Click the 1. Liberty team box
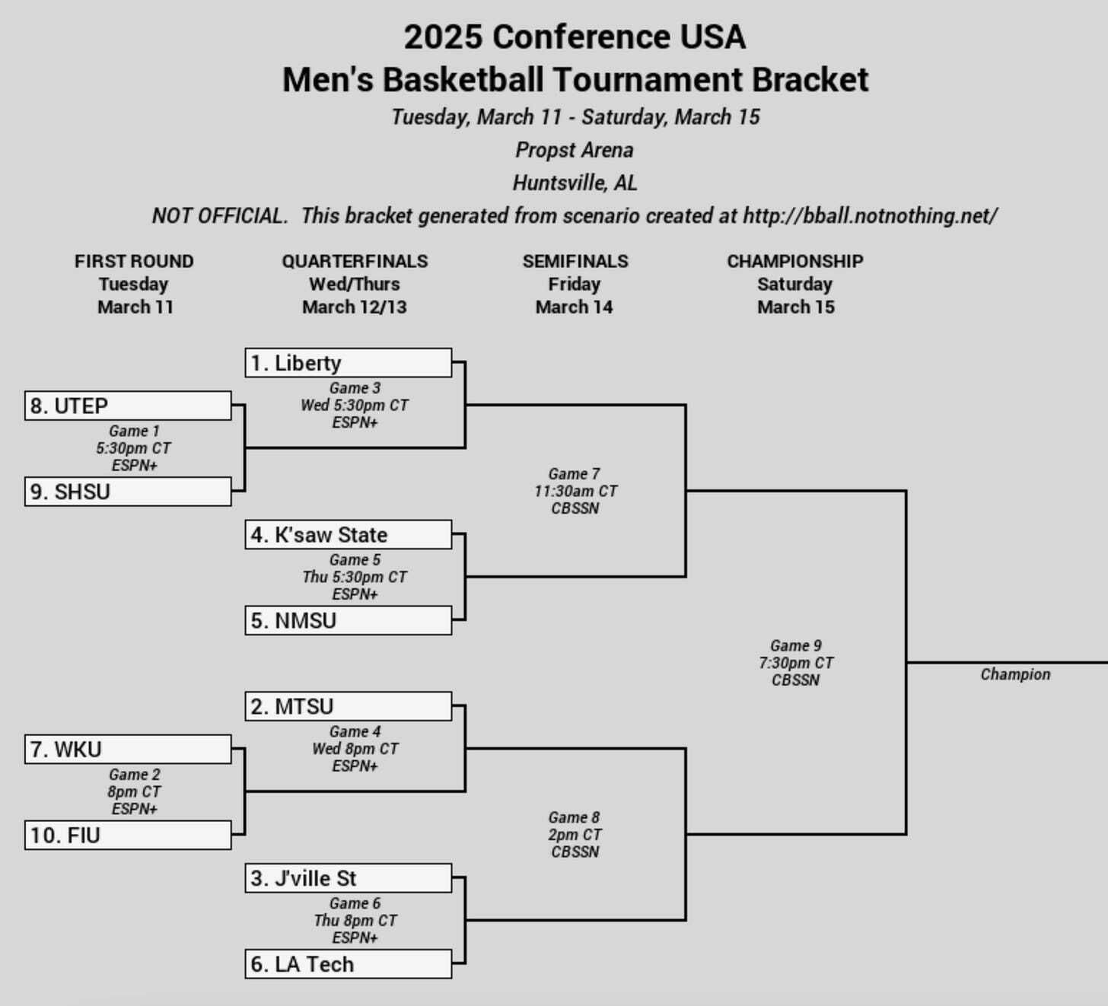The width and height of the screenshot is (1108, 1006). (348, 363)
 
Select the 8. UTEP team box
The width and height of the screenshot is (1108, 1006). (128, 406)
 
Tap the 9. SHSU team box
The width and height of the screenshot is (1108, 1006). (128, 492)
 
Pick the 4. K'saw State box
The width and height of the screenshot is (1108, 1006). (348, 535)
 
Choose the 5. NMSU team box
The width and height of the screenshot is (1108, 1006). (348, 620)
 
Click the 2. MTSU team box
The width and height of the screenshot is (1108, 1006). (348, 707)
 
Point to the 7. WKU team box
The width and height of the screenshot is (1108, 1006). (128, 750)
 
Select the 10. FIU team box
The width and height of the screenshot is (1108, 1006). (128, 836)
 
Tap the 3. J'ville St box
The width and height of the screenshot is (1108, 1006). (348, 878)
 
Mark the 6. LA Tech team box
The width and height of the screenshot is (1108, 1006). (348, 964)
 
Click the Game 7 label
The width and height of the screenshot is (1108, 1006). (574, 474)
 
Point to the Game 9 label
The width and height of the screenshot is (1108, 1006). (796, 646)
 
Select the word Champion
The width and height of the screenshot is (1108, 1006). (1015, 674)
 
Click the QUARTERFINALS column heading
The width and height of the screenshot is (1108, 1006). (355, 261)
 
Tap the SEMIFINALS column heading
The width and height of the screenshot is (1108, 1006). (575, 261)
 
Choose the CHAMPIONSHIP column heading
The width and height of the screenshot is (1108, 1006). (794, 261)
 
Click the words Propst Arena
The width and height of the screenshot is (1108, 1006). (575, 150)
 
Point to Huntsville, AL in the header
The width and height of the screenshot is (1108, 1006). (575, 183)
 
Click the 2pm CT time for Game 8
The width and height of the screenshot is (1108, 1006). (575, 835)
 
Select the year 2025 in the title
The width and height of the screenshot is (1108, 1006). (443, 37)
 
